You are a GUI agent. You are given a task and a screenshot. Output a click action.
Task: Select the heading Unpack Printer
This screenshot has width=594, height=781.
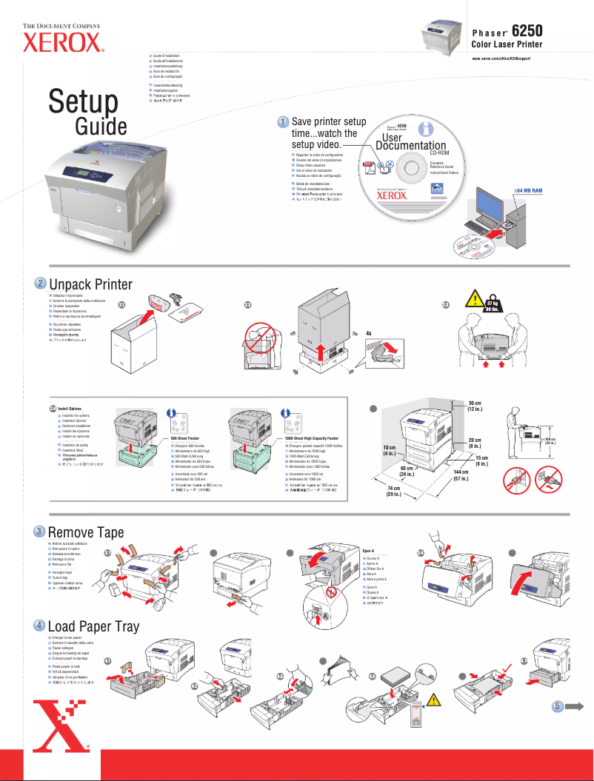click(x=90, y=285)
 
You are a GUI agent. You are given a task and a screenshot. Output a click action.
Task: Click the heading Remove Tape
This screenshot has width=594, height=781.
click(x=86, y=532)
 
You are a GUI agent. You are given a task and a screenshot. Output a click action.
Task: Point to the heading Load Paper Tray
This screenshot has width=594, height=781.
click(x=93, y=626)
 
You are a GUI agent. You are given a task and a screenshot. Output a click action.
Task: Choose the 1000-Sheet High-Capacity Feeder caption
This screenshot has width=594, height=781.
click(x=311, y=439)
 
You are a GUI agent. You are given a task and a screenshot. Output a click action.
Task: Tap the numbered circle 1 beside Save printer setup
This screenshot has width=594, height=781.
click(x=282, y=121)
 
